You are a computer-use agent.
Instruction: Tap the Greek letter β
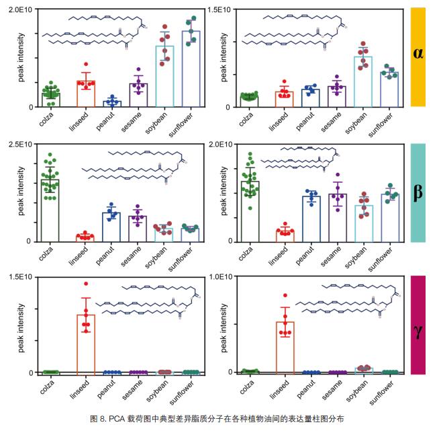pyautogui.click(x=418, y=192)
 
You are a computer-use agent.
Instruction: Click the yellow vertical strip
pyautogui.click(x=418, y=87)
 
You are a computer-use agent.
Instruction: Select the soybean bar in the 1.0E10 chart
pyautogui.click(x=363, y=370)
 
